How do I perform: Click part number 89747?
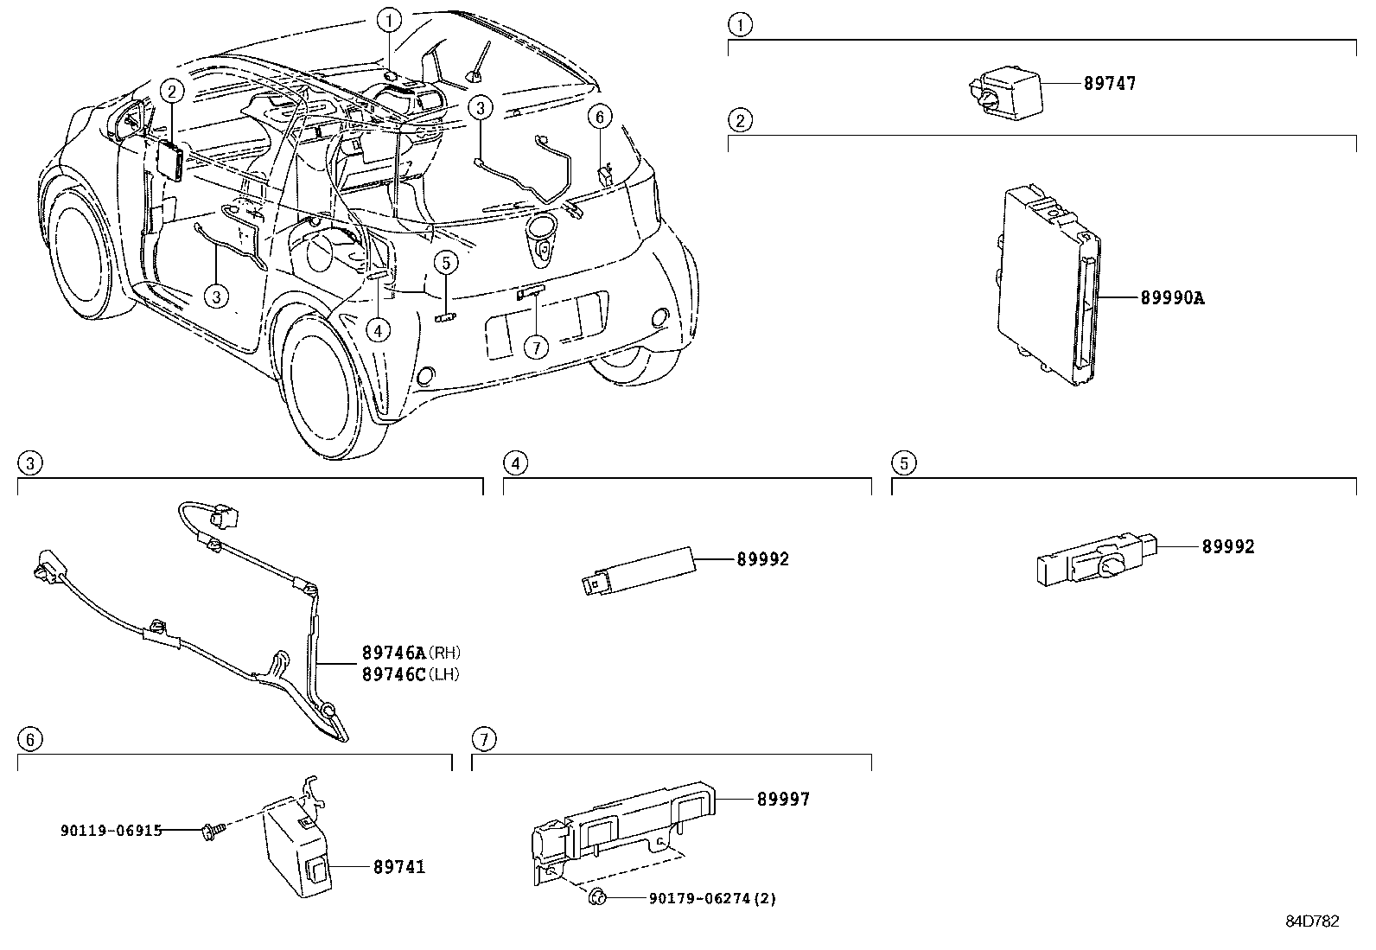1110,83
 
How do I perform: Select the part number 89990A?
1172,298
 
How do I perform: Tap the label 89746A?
394,652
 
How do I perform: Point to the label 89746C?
394,674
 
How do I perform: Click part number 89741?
399,867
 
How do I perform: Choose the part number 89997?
783,800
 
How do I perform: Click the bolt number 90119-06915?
111,831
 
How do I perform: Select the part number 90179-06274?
700,899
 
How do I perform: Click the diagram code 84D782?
1312,921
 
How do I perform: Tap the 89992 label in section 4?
763,559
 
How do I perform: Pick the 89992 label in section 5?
1228,547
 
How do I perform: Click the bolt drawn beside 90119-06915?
210,832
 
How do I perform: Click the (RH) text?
444,653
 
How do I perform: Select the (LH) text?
443,675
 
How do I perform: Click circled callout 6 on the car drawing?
600,117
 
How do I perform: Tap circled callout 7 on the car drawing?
536,347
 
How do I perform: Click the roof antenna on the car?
479,63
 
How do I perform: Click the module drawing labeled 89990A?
1048,284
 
